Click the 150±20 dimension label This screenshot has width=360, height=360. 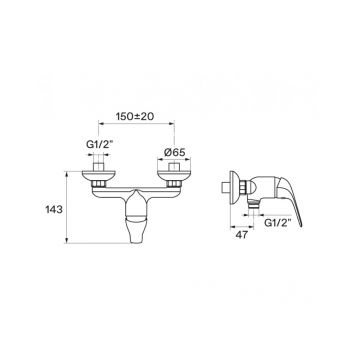tap(135, 116)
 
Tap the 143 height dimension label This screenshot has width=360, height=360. tap(54, 210)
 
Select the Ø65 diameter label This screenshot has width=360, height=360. tap(175, 152)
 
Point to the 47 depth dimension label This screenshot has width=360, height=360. tap(242, 235)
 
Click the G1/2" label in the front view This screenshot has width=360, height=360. tap(98, 144)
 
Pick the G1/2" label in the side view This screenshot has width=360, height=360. tap(278, 223)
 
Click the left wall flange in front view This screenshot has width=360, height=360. tap(99, 175)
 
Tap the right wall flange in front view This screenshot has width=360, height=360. tap(174, 175)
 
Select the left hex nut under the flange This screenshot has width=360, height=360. tap(99, 183)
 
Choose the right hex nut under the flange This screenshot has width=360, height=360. tap(174, 183)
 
